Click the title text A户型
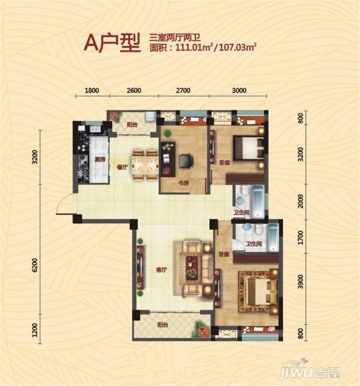(x=112, y=43)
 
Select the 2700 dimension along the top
(x=183, y=90)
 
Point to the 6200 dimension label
(x=35, y=265)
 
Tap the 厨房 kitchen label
(x=100, y=160)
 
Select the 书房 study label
(x=183, y=183)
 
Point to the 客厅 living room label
(x=162, y=270)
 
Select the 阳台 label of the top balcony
(x=132, y=124)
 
